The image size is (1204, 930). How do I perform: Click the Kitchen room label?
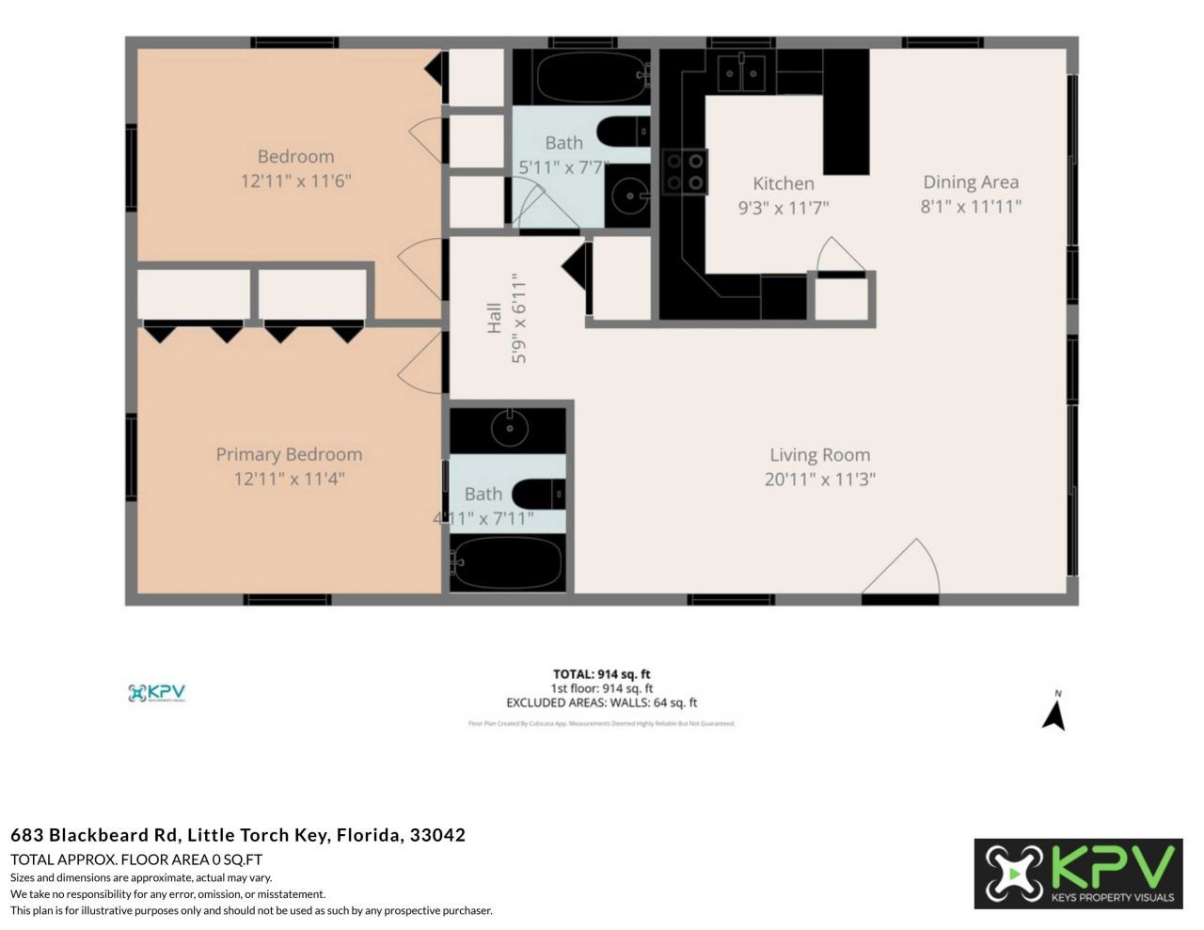click(783, 183)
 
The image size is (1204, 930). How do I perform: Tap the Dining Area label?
click(970, 182)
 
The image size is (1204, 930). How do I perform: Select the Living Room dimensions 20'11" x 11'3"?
click(819, 479)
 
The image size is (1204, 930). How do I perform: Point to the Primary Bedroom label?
click(289, 454)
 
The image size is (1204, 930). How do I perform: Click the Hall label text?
click(494, 318)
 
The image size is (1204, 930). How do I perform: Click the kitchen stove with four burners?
click(685, 172)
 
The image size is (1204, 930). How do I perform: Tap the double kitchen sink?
click(742, 72)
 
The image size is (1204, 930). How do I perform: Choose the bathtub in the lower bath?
click(508, 562)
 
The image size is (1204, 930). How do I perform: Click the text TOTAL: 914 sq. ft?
click(601, 674)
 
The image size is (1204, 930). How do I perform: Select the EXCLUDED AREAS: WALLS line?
click(601, 702)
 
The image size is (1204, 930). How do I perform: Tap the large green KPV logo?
click(1078, 874)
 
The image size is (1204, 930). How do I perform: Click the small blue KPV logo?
click(156, 693)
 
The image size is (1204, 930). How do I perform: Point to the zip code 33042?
click(437, 835)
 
